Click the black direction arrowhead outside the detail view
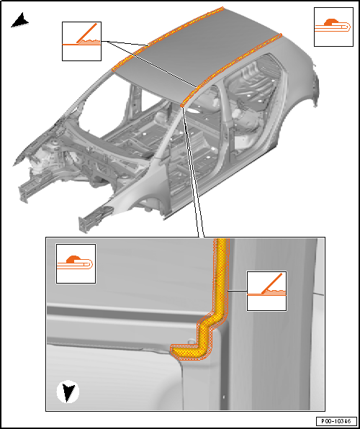pos(20,22)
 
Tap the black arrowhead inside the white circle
pos(68,393)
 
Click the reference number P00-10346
pos(336,420)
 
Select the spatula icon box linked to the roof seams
pos(81,41)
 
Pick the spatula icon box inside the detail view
pos(266,291)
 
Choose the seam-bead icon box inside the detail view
pos(76,263)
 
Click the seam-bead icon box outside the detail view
pos(333,27)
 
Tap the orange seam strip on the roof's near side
pos(231,70)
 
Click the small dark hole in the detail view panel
pos(223,397)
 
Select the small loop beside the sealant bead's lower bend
pos(192,341)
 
